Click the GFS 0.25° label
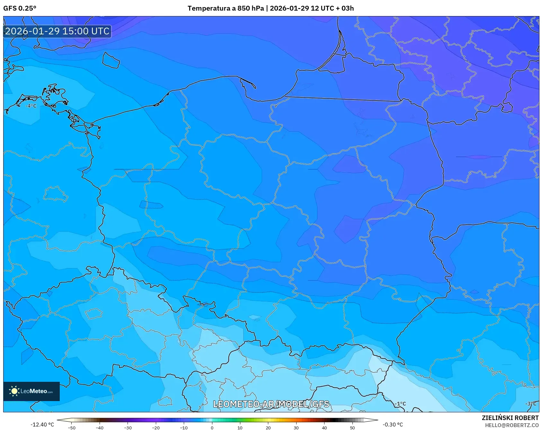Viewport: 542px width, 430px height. coord(20,8)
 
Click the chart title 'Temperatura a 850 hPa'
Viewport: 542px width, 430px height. coord(226,8)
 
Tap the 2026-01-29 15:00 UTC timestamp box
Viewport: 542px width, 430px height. coord(57,31)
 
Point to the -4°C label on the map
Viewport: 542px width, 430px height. coord(31,106)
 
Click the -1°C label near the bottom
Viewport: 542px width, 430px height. coord(400,404)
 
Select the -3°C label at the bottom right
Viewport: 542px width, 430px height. coord(530,404)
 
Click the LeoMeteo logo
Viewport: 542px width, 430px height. coord(31,391)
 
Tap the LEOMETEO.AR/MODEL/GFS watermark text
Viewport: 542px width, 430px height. coord(271,404)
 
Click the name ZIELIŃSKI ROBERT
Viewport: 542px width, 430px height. coord(510,418)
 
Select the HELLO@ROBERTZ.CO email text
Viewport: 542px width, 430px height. coord(511,425)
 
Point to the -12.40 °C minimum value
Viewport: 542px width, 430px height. coord(42,425)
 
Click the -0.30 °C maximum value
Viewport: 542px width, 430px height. coord(393,425)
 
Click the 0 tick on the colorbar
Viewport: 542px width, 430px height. coord(212,427)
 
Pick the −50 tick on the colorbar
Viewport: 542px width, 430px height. coord(72,427)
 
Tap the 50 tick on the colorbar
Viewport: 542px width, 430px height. coord(352,427)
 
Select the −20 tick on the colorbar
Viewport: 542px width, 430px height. coord(156,427)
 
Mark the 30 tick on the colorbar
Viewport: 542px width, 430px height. coord(296,427)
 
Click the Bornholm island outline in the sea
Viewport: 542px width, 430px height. coord(111,60)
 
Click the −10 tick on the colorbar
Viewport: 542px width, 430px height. coord(184,427)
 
